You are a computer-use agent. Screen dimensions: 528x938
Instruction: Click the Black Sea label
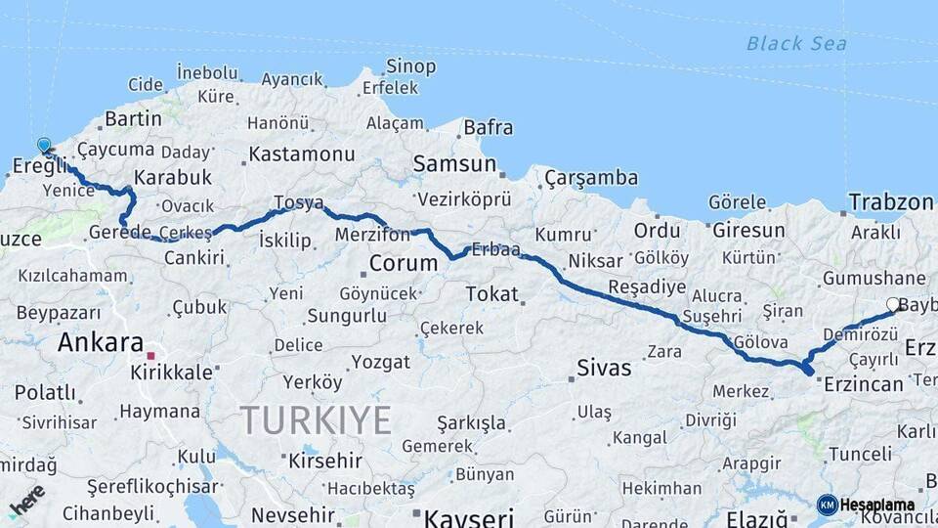(796, 43)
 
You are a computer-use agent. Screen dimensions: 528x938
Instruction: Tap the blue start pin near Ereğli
(44, 147)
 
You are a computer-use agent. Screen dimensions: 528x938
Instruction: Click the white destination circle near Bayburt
(893, 305)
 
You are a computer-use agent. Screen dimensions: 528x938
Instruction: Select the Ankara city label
(101, 342)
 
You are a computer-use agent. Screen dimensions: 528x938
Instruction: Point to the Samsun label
(454, 163)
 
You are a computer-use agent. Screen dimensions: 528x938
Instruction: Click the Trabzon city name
(891, 202)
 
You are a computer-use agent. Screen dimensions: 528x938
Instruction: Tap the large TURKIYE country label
(316, 420)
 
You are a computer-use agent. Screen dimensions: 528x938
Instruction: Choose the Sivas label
(604, 369)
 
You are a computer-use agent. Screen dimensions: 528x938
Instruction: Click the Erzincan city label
(863, 384)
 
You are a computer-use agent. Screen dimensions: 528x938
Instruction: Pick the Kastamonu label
(301, 154)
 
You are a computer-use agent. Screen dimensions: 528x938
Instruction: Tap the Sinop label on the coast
(410, 66)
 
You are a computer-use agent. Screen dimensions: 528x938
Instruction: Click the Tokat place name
(491, 293)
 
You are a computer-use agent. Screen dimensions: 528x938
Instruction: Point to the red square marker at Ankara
(150, 356)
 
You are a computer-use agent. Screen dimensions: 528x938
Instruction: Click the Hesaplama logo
(866, 505)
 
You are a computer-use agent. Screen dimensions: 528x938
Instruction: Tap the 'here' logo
(26, 499)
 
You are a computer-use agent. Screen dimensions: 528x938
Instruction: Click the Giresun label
(748, 231)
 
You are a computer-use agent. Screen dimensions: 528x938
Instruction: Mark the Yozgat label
(380, 362)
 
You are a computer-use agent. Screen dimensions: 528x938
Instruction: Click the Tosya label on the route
(298, 202)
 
